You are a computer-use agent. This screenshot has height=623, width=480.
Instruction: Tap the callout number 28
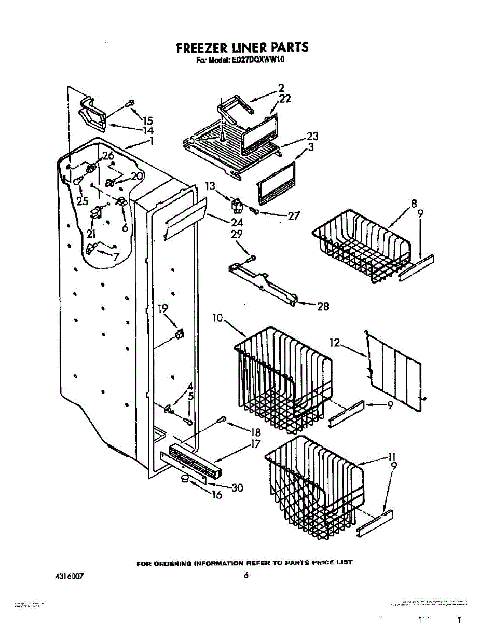point(323,307)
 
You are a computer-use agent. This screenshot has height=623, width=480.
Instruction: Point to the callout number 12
point(335,343)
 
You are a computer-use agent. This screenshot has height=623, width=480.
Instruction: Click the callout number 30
point(237,487)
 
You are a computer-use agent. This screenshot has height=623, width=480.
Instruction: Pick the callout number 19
point(163,308)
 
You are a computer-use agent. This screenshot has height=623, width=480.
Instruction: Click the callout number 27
point(294,215)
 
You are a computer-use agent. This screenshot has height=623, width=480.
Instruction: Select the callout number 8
point(414,204)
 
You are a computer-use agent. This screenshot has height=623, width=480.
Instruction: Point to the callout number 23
point(312,136)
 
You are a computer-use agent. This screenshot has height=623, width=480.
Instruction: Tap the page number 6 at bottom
point(246,575)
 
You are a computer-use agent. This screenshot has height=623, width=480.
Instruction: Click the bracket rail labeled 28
point(263,282)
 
